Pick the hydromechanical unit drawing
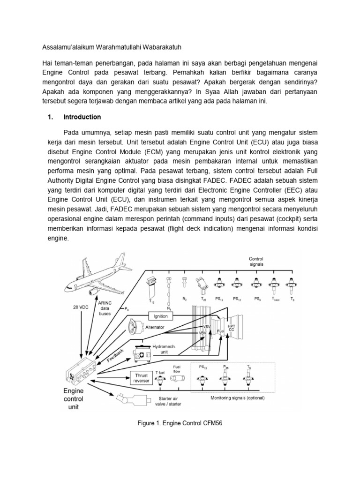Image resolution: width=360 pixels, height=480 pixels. (143, 354)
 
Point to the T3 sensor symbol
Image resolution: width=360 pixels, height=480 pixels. (292, 285)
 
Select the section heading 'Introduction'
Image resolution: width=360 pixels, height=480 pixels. (82, 117)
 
